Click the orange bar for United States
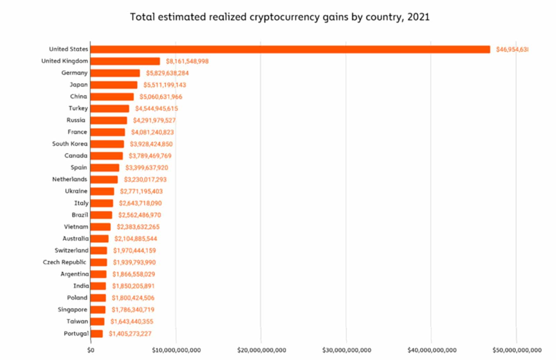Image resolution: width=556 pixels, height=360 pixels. click(x=290, y=49)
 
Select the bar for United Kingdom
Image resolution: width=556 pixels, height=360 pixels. click(x=125, y=61)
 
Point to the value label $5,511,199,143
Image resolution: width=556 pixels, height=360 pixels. click(x=164, y=85)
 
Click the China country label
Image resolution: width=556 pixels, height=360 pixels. click(x=79, y=96)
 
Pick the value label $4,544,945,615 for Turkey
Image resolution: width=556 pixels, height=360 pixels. click(x=157, y=108)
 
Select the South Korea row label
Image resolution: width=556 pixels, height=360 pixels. click(x=69, y=144)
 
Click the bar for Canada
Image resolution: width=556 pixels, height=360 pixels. click(x=107, y=156)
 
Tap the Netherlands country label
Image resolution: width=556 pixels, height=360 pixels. click(x=69, y=179)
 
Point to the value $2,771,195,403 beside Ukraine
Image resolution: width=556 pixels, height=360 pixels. click(x=140, y=191)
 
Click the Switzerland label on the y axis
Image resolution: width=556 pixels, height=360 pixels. click(x=71, y=251)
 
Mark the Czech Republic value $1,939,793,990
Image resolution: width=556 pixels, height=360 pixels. click(x=134, y=262)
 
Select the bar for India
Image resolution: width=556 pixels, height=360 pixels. click(x=98, y=286)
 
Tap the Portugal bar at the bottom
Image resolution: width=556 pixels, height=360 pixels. click(x=96, y=334)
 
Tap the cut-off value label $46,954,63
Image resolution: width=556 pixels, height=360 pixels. click(x=512, y=49)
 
